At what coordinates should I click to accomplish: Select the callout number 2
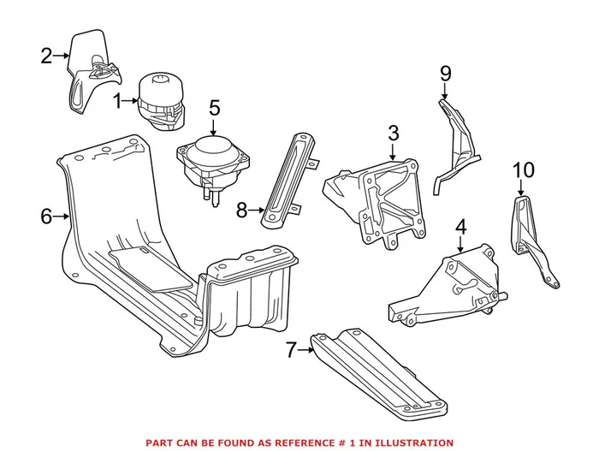click(x=46, y=57)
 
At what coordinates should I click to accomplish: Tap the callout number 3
click(x=393, y=134)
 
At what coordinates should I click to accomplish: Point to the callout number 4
click(x=460, y=228)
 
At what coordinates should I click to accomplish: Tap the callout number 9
click(x=445, y=74)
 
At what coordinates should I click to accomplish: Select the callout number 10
click(x=522, y=170)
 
